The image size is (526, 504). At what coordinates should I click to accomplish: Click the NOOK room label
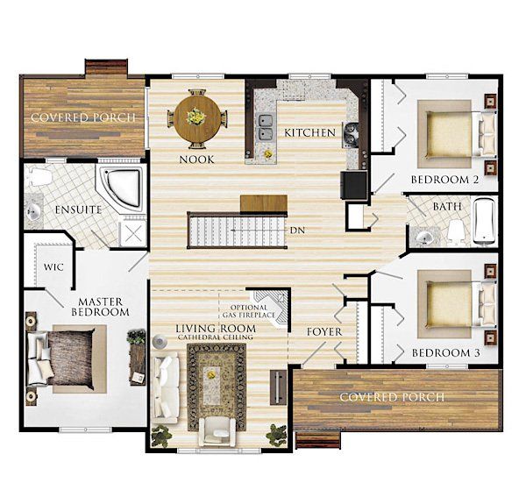[x=197, y=160]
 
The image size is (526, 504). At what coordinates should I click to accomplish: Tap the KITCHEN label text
[x=309, y=132]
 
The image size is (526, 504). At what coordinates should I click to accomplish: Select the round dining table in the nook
[x=197, y=118]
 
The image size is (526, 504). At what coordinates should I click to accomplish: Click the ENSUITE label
[x=78, y=209]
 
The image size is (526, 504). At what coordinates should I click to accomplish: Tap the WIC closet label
[x=53, y=267]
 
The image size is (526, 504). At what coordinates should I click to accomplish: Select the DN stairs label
[x=297, y=231]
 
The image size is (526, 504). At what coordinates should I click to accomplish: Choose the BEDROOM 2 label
[x=444, y=180]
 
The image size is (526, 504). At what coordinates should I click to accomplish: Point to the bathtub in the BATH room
[x=485, y=221]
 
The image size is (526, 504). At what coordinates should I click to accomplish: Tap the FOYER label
[x=324, y=332]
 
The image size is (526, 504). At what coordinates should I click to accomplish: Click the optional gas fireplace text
[x=249, y=311]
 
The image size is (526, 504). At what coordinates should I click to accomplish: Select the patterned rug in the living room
[x=217, y=387]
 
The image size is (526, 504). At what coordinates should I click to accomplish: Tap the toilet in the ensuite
[x=39, y=176]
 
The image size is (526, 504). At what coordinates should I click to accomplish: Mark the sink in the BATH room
[x=423, y=237]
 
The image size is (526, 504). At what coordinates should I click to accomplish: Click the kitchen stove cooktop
[x=351, y=135]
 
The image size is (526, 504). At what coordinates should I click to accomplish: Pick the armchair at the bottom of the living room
[x=217, y=431]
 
